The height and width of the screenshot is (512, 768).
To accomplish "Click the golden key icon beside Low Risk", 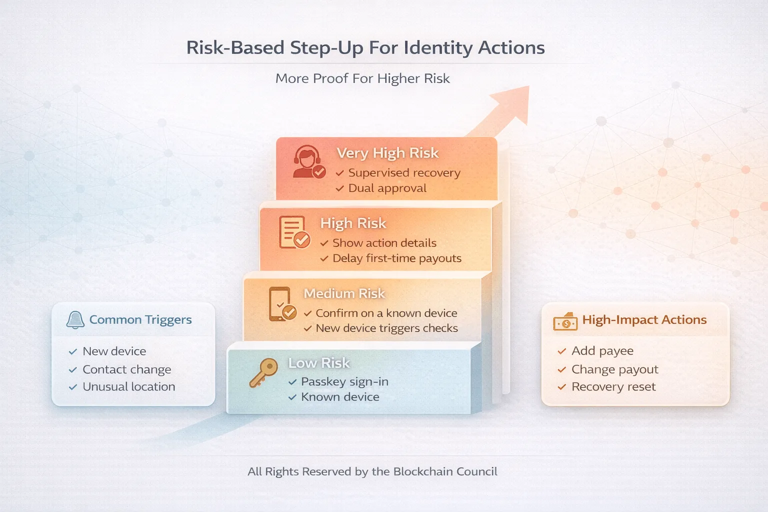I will click(263, 372).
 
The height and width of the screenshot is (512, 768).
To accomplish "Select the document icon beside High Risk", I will click(294, 232).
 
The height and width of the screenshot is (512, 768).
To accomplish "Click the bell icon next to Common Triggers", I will click(75, 320).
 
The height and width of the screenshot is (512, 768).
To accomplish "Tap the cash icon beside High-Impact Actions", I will click(565, 322).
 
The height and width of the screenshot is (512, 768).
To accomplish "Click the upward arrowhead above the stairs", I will click(515, 102).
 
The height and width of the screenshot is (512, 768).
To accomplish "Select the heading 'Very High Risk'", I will click(387, 153).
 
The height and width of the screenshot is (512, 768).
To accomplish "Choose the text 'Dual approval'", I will click(387, 188).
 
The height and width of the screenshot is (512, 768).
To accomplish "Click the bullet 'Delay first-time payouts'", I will click(396, 258).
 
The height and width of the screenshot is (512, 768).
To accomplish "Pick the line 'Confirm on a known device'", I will click(386, 313).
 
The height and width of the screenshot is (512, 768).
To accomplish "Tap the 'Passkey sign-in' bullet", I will click(344, 382).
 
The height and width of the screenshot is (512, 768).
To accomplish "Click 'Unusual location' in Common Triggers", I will click(128, 387).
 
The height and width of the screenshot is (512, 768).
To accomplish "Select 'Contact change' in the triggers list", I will click(126, 369).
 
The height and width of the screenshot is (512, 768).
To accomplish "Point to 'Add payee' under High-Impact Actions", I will click(602, 351).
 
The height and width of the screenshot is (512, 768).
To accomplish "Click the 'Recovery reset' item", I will click(613, 387).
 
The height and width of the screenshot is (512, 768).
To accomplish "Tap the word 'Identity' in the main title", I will click(438, 48).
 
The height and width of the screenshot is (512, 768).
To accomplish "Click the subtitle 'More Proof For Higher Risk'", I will click(362, 78).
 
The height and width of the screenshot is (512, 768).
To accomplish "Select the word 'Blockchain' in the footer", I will click(423, 471).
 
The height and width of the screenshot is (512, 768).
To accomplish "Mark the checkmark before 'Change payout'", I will click(561, 369).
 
